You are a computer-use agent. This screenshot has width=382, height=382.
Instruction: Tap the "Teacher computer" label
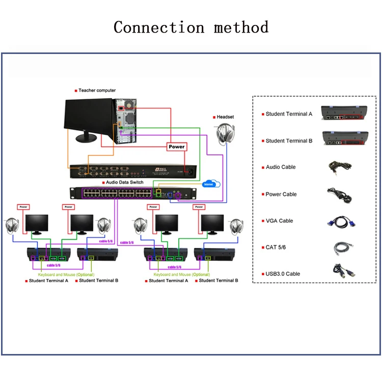point(97,90)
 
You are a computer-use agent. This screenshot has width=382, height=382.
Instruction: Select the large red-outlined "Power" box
point(177,146)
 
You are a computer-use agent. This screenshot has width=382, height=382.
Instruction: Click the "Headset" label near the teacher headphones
point(225,117)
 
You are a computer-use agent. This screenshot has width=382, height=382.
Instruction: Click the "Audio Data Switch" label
point(125,182)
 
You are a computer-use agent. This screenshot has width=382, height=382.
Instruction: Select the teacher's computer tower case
point(126,122)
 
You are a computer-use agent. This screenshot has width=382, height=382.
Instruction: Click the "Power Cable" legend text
point(281,194)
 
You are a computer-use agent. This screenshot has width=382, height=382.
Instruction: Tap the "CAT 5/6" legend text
point(277,247)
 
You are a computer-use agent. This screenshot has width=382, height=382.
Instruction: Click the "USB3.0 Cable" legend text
point(283,274)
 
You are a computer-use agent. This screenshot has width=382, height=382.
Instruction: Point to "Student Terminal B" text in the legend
point(289,141)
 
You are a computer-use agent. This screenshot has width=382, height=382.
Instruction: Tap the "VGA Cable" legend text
point(279,221)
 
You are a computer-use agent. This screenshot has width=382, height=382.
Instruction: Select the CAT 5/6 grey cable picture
point(340,247)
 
